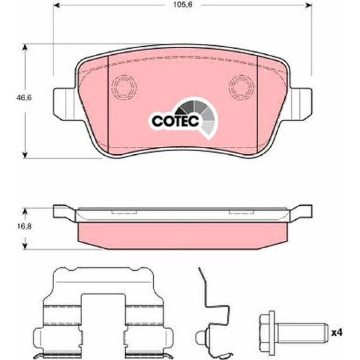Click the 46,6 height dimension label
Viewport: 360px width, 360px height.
tap(24, 98)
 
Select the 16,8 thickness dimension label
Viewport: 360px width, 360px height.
tap(24, 227)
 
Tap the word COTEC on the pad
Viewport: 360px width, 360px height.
tap(175, 121)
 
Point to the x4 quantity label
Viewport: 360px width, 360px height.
tap(337, 332)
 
